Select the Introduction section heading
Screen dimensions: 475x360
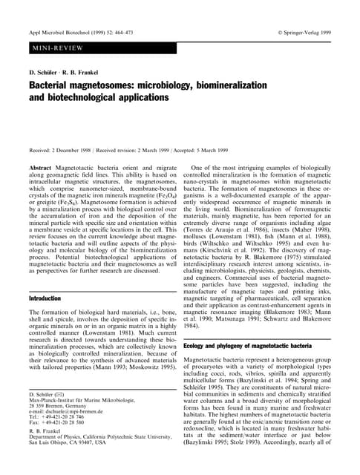pos(45,298)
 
